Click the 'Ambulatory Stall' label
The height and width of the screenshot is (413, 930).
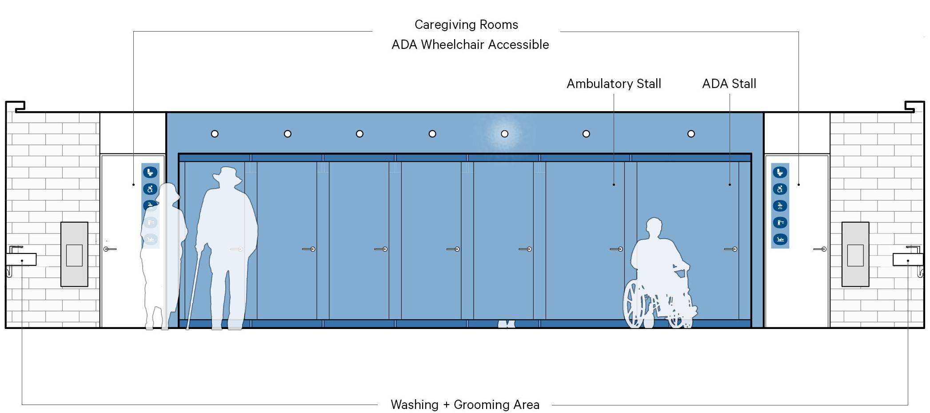point(614,84)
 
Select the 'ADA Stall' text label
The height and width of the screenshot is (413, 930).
point(729,84)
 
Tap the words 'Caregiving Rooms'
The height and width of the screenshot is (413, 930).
point(466,24)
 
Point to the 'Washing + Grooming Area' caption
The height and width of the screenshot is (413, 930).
point(465,405)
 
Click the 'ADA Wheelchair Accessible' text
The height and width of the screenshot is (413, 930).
point(470,44)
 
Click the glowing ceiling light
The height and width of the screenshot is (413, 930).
point(504,133)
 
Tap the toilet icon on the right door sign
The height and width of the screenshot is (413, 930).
point(780,172)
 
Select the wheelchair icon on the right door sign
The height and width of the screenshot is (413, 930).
point(780,189)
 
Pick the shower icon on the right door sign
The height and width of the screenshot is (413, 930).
point(780,206)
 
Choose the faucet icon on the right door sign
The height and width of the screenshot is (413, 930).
point(780,222)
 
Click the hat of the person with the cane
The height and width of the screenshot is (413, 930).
point(227,174)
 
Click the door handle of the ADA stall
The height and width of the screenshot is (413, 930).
point(731,249)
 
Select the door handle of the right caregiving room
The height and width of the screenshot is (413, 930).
point(820,249)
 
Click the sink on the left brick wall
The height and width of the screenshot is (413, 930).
point(21,259)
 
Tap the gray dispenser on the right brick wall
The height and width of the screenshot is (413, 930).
point(855,254)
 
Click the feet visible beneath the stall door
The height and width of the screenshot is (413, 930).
point(506,324)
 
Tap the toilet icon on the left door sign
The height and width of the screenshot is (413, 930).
point(150,172)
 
